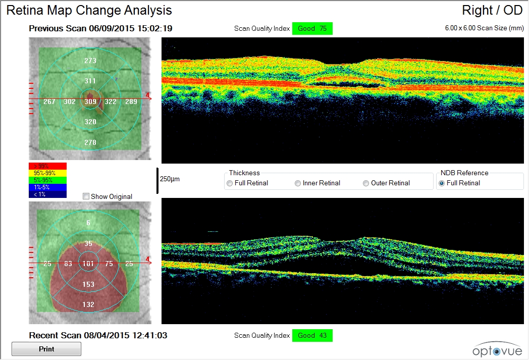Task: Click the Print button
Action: pos(46,349)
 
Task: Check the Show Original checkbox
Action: pos(86,196)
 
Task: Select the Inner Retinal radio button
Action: pos(298,183)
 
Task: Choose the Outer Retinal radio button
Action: pos(366,183)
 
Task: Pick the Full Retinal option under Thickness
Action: pos(230,183)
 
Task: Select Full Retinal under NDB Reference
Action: pos(442,183)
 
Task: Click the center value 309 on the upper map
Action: pos(90,102)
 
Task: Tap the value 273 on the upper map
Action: pos(90,61)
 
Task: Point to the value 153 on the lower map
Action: pos(88,284)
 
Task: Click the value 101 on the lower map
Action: pos(88,264)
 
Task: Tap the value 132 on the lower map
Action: pos(88,304)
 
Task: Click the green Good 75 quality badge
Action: pos(312,29)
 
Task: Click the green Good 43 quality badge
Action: pos(312,336)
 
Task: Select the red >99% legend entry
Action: pos(48,166)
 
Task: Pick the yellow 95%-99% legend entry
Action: pos(48,173)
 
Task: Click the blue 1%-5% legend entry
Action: pos(48,187)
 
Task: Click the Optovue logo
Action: pos(494,348)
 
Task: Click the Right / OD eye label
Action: pos(492,11)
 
